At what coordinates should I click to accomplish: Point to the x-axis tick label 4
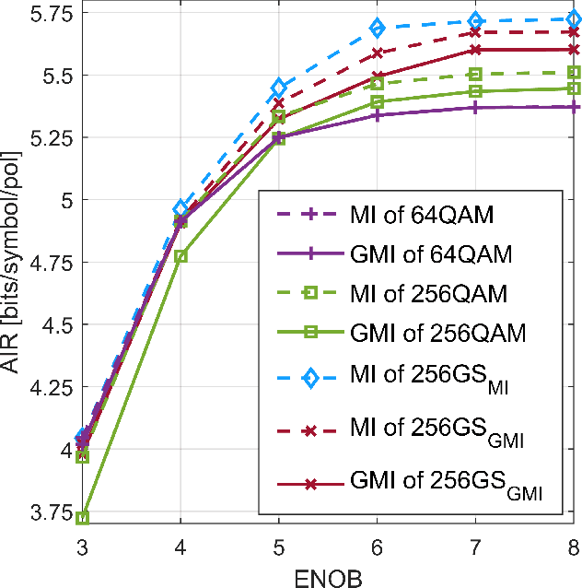pyautogui.click(x=180, y=544)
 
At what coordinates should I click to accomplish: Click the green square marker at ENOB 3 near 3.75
pyautogui.click(x=83, y=518)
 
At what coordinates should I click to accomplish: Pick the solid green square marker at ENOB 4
pyautogui.click(x=180, y=255)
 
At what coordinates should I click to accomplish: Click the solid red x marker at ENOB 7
pyautogui.click(x=475, y=50)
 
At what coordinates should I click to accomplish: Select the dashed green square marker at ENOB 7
pyautogui.click(x=475, y=75)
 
